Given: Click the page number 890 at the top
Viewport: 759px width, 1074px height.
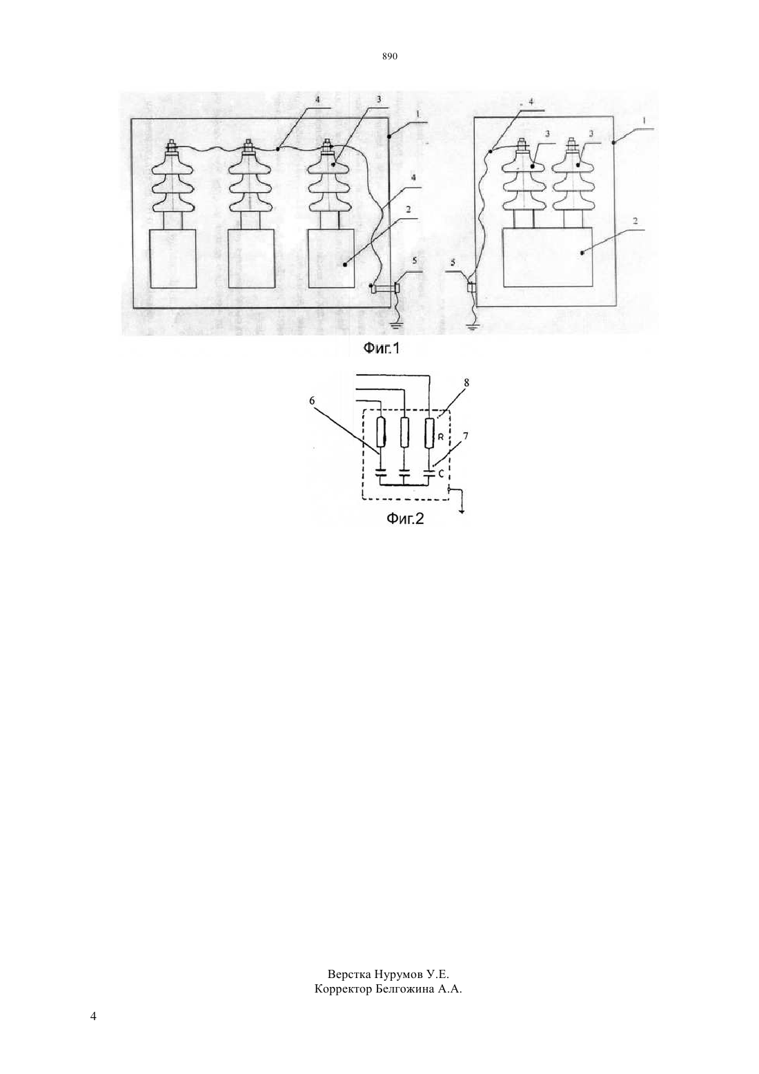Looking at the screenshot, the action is click(x=390, y=57).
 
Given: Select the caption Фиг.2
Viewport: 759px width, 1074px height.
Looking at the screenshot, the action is click(x=406, y=518).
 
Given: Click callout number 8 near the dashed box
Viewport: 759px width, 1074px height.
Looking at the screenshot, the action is click(x=466, y=382).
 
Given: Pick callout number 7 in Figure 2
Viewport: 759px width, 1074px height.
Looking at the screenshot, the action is click(x=466, y=436).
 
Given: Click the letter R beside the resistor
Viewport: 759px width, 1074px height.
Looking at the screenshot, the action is click(x=442, y=438).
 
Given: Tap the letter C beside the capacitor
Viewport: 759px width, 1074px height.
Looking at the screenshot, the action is click(x=441, y=474).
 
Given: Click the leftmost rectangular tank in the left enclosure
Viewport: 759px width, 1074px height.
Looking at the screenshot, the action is click(x=173, y=259).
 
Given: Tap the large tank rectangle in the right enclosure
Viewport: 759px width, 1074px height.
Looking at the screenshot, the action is click(x=547, y=257).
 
